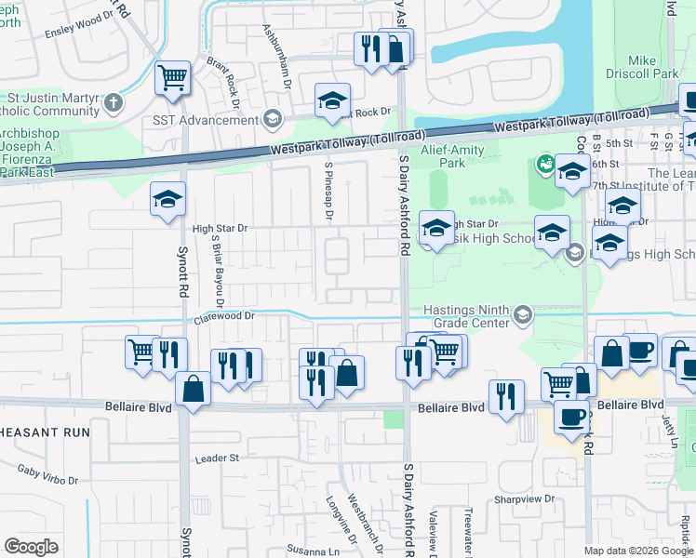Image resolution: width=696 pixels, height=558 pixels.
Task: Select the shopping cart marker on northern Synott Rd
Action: (x=172, y=80)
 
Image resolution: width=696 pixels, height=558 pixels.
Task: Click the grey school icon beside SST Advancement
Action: (x=272, y=119)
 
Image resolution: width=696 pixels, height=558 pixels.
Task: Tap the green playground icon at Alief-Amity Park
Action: (x=545, y=165)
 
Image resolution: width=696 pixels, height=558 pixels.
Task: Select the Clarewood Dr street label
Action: (x=224, y=317)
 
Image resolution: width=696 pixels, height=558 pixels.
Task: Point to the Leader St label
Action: (x=217, y=458)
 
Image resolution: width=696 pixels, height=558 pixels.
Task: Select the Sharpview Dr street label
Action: (x=524, y=498)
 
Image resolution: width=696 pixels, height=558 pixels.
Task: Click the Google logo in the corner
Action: (x=32, y=547)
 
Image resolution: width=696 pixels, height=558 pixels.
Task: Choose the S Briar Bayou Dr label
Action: (x=219, y=269)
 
